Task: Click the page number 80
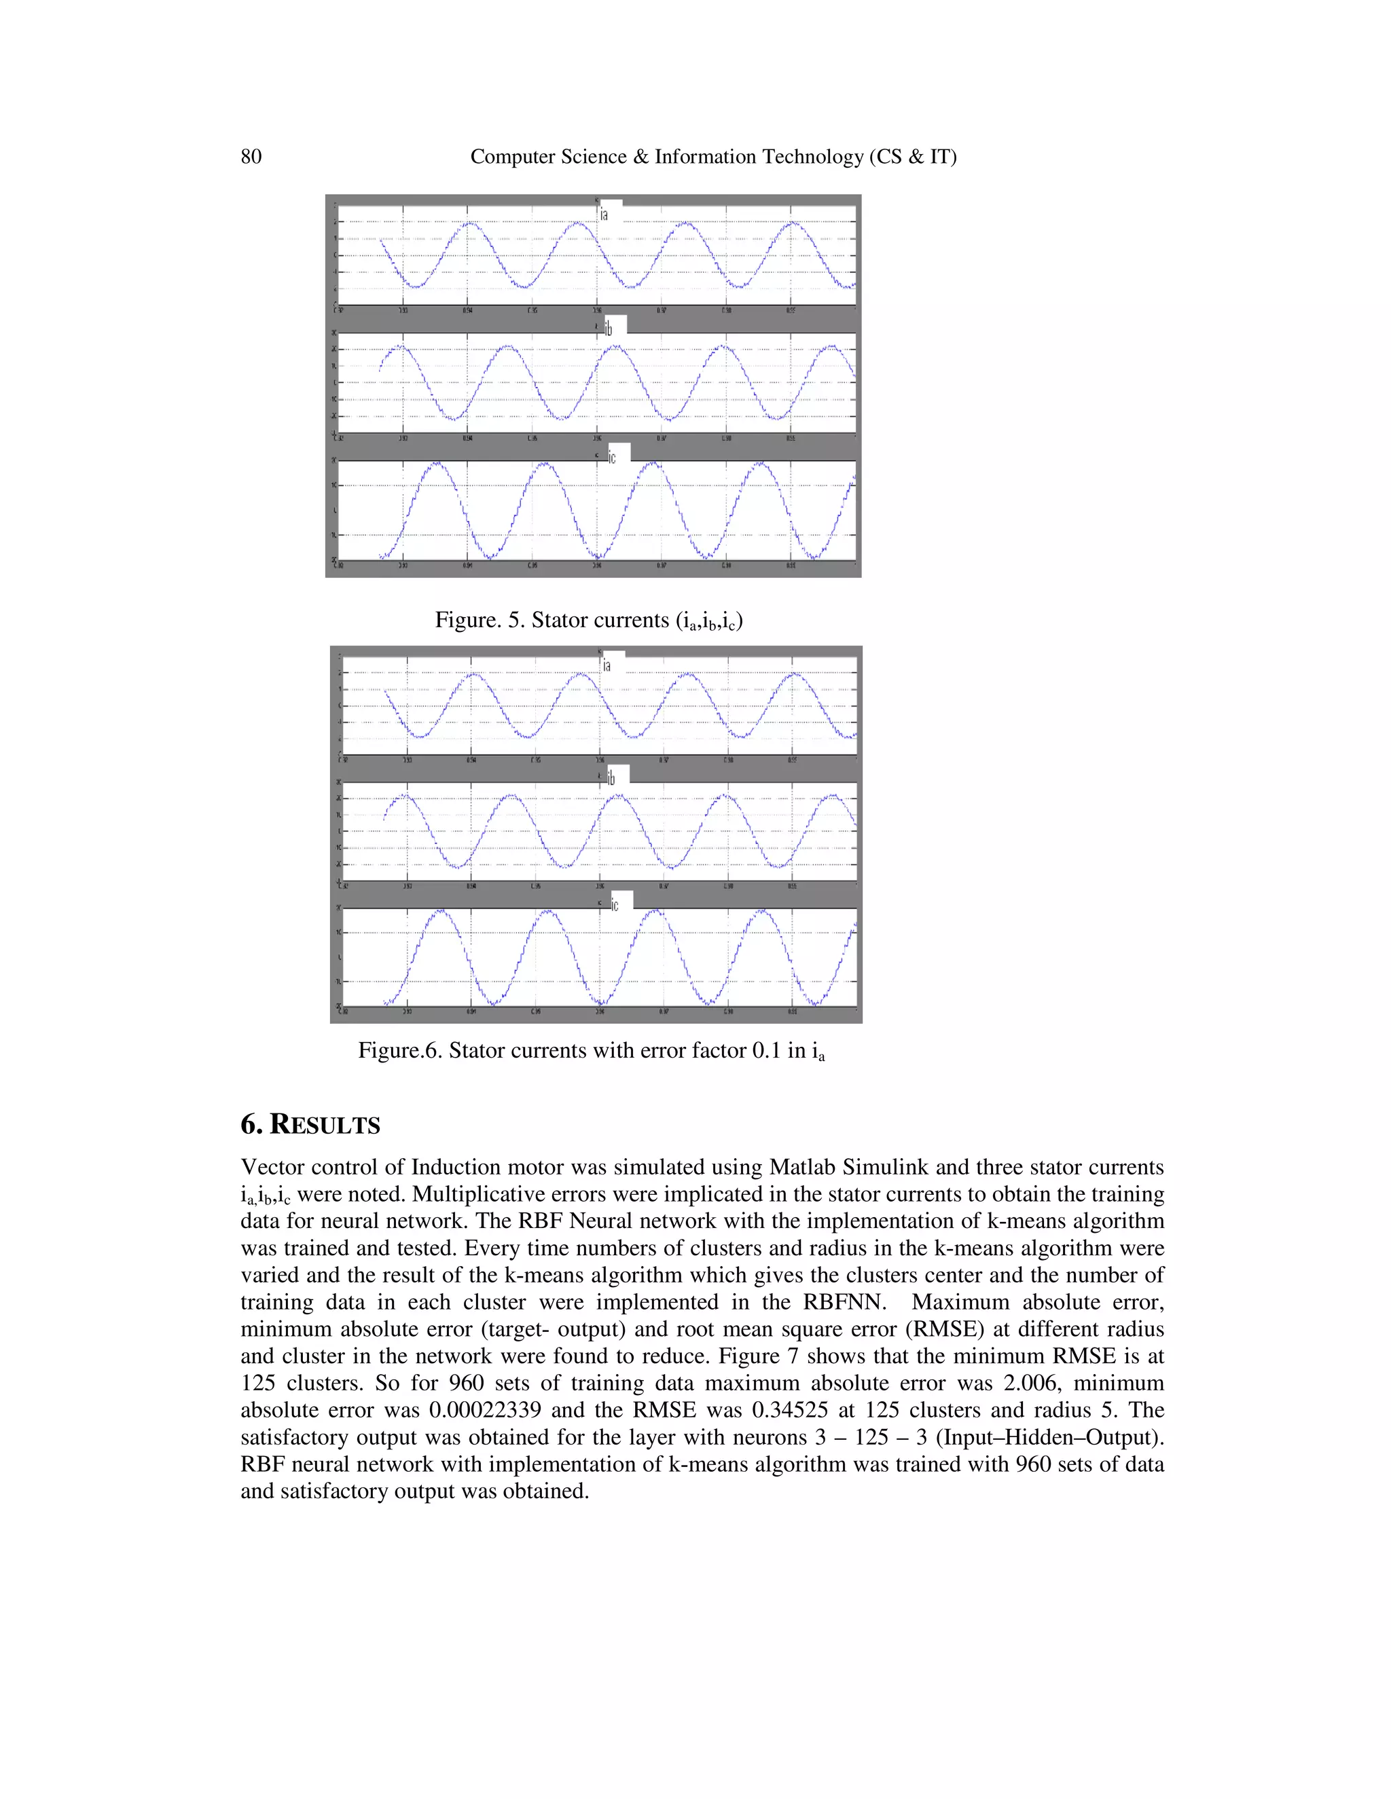(x=251, y=157)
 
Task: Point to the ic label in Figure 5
(x=611, y=457)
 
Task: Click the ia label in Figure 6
(x=607, y=665)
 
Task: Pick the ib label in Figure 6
(x=611, y=779)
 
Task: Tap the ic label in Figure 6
(x=615, y=904)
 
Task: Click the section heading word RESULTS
(x=325, y=1125)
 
